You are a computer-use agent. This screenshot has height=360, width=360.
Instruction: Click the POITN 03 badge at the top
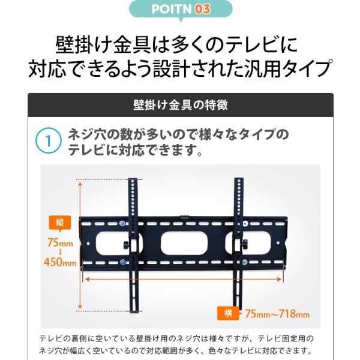[x=180, y=10]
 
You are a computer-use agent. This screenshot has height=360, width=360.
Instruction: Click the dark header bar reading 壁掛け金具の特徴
[x=180, y=105]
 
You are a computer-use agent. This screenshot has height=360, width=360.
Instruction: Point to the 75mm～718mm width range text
[x=277, y=313]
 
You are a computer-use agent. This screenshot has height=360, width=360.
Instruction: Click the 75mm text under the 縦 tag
[x=61, y=243]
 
